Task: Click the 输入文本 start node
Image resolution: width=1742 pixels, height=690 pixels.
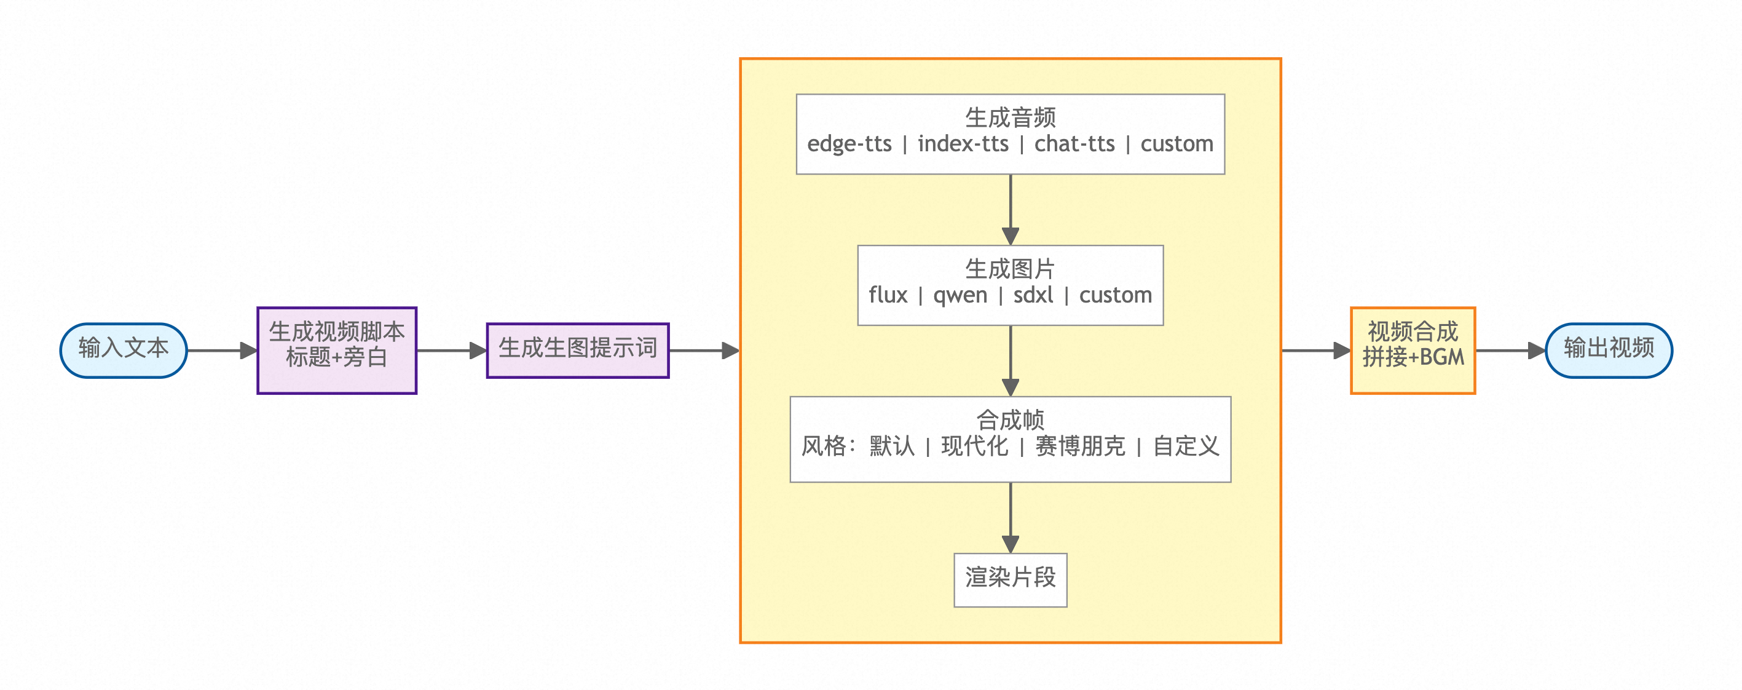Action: pyautogui.click(x=123, y=350)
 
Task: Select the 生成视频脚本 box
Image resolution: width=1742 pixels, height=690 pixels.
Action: pyautogui.click(x=337, y=350)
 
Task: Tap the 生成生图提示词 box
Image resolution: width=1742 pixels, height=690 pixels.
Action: pyautogui.click(x=578, y=350)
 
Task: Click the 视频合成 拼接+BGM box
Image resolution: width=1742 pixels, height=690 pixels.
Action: pyautogui.click(x=1413, y=350)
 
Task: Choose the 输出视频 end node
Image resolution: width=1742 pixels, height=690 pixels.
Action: pyautogui.click(x=1609, y=350)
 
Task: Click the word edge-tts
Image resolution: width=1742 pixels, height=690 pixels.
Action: pyautogui.click(x=849, y=144)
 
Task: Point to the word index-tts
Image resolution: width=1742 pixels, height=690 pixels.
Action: pyautogui.click(x=963, y=144)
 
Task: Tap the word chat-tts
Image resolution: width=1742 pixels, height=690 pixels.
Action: pyautogui.click(x=1074, y=144)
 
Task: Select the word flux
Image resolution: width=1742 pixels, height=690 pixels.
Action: pyautogui.click(x=888, y=296)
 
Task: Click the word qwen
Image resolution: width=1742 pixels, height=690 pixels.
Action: pyautogui.click(x=960, y=296)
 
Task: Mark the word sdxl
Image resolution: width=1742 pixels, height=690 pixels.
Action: pyautogui.click(x=1033, y=296)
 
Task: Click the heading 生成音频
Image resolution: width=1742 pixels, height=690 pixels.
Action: pyautogui.click(x=1011, y=117)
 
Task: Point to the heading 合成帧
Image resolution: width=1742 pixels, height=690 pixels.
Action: pyautogui.click(x=1011, y=420)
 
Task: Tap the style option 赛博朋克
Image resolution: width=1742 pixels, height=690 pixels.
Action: pyautogui.click(x=1080, y=446)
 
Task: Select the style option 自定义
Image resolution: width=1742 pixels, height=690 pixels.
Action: pyautogui.click(x=1186, y=446)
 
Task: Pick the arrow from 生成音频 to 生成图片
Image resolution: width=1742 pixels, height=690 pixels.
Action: pyautogui.click(x=1011, y=210)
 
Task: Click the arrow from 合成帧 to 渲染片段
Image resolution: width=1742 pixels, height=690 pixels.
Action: pyautogui.click(x=1011, y=518)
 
